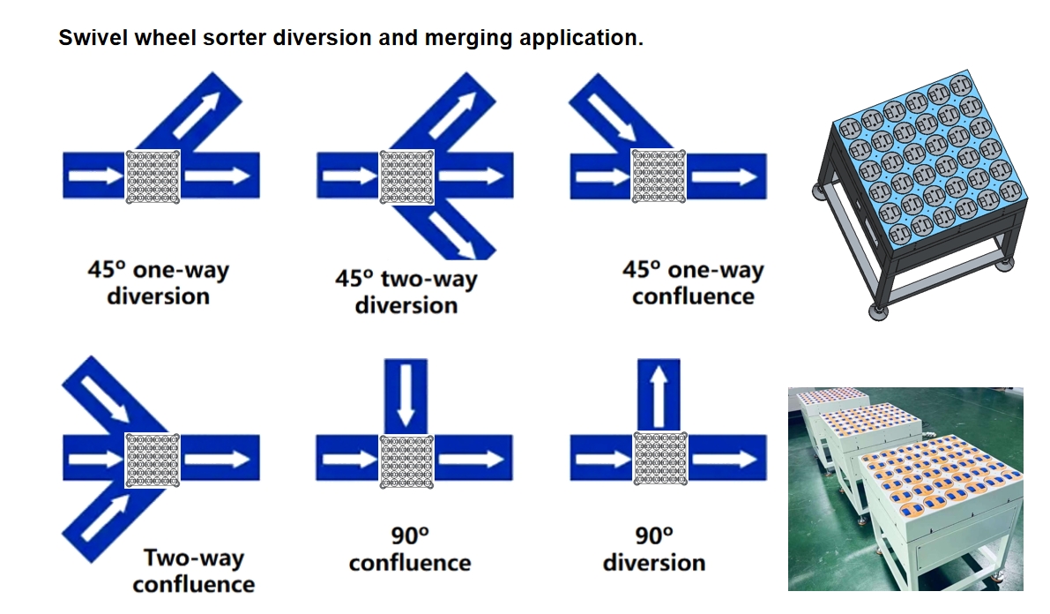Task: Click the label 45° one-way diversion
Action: [158, 283]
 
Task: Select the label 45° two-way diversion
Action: [406, 292]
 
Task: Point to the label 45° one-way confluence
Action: [693, 283]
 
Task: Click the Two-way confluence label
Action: [194, 571]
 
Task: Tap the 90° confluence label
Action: [410, 549]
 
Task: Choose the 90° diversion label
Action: [654, 549]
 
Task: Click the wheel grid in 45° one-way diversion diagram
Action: [153, 176]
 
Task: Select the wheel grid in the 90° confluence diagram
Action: [406, 460]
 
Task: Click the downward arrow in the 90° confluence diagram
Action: [406, 395]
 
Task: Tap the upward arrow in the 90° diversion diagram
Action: [659, 395]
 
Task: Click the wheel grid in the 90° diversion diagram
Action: [660, 459]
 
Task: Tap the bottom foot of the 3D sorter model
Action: [878, 311]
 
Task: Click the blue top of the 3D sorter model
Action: [930, 161]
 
